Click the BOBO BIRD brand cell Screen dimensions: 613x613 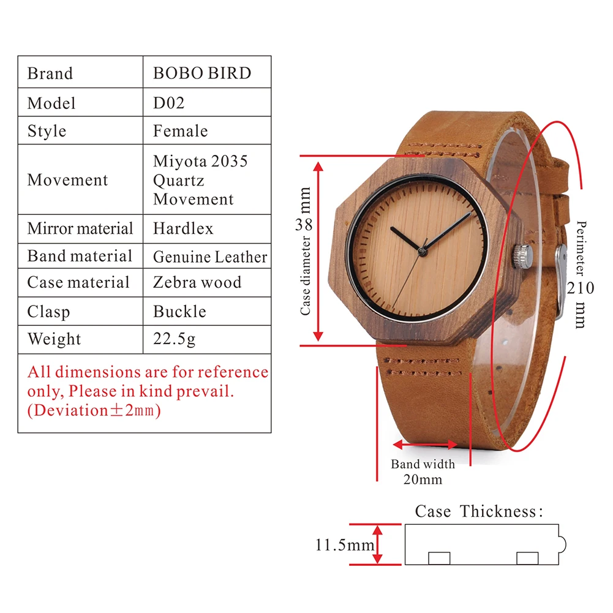[202, 73]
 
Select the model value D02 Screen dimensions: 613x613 [168, 103]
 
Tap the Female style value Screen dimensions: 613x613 [180, 131]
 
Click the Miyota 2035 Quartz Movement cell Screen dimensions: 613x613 [200, 180]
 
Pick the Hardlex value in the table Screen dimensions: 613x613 [183, 229]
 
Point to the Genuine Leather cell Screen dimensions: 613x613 [210, 257]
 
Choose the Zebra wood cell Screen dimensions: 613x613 [197, 282]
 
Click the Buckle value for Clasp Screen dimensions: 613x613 [179, 311]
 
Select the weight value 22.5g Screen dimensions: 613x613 [174, 339]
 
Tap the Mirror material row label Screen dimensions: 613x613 [80, 229]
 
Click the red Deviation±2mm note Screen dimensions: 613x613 [94, 410]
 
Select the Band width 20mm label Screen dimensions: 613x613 [423, 472]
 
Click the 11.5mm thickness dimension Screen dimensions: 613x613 [344, 544]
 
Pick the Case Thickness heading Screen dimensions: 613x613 [479, 511]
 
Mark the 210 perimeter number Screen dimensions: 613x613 [580, 287]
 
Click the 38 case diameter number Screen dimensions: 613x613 [304, 224]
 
